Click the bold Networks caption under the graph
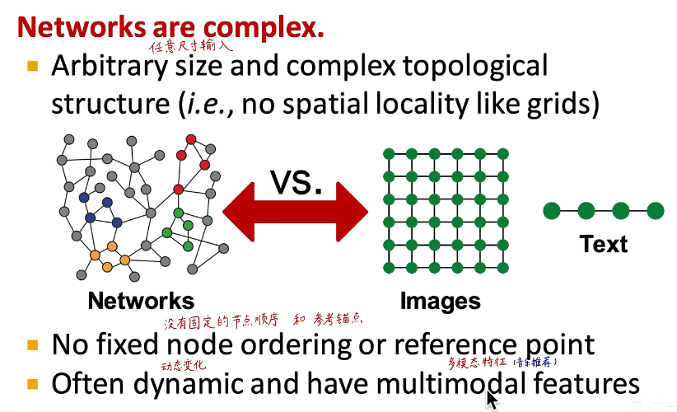(x=141, y=301)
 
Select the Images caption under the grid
(x=441, y=302)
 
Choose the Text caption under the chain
(x=603, y=244)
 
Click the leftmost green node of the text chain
(x=551, y=211)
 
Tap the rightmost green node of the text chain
(x=655, y=211)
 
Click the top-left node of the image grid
(x=389, y=154)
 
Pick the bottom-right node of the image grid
(x=502, y=268)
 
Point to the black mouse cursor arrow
(x=492, y=400)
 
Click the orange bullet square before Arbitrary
(x=33, y=66)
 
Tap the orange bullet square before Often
(x=33, y=384)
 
